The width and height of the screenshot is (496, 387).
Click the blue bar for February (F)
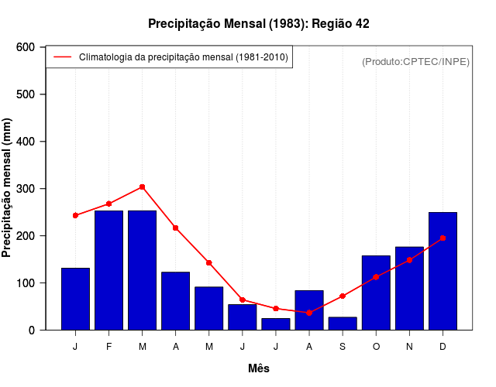tap(108, 270)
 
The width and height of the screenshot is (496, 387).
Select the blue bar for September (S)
tap(343, 324)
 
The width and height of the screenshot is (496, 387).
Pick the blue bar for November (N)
tap(409, 288)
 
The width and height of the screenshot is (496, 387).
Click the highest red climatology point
tap(142, 187)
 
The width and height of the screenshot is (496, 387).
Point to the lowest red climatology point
tap(309, 313)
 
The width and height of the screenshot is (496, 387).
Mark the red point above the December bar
tap(443, 238)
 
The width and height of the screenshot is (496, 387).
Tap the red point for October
tap(376, 277)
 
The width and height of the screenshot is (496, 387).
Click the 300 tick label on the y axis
tap(25, 189)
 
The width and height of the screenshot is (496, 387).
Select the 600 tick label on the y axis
tap(25, 47)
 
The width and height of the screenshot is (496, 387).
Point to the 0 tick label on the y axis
tap(31, 330)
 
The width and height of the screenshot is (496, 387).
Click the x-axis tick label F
tap(108, 347)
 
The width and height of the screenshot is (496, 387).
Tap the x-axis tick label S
tap(343, 347)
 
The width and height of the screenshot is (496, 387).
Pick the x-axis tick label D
tap(443, 347)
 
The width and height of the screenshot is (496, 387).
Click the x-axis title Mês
tap(259, 368)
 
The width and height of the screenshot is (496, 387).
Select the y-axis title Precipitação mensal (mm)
tap(8, 188)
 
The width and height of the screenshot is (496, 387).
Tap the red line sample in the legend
tap(62, 57)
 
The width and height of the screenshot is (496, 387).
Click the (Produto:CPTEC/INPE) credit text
tap(415, 61)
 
